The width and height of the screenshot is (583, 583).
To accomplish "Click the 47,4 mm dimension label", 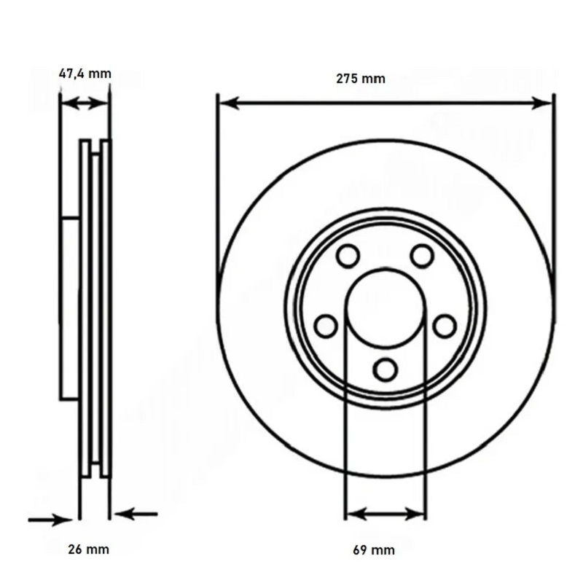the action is (85, 74).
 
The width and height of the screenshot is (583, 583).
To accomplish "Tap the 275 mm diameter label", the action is (361, 79).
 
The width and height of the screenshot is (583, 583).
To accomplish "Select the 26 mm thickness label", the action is (88, 549).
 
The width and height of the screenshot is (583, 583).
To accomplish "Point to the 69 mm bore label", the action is (374, 550).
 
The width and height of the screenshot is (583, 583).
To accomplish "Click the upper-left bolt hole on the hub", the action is (348, 256).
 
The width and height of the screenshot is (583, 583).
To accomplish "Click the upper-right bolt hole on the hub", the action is (422, 256).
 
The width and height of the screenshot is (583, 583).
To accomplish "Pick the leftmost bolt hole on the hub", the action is (326, 326).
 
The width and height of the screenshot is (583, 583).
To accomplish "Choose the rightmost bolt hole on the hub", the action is (445, 326).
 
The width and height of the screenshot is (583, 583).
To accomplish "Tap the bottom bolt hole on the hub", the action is (385, 369).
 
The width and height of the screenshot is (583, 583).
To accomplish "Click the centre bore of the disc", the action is (386, 308).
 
